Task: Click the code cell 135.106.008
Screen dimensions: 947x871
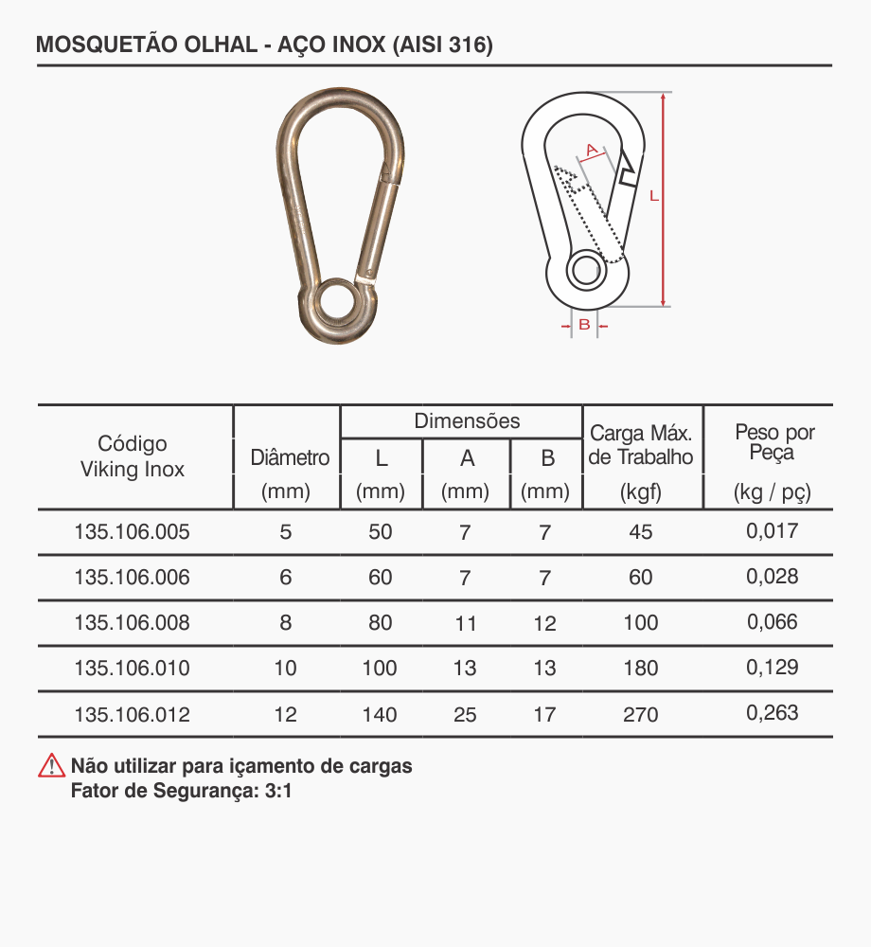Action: [132, 623]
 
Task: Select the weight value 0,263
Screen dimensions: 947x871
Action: [773, 713]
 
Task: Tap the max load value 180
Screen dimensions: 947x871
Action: [641, 669]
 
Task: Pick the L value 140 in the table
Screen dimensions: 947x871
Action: [380, 715]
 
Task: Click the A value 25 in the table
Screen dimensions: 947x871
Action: [465, 715]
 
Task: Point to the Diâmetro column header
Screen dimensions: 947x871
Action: [290, 458]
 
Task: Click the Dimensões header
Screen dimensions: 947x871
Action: [467, 421]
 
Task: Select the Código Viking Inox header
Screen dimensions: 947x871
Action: [133, 456]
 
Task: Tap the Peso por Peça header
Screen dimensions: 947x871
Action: [774, 443]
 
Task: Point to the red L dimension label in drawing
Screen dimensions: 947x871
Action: [653, 197]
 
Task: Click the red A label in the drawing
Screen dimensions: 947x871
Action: [593, 150]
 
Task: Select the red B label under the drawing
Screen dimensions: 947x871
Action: [585, 325]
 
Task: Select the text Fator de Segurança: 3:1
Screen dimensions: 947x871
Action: [182, 791]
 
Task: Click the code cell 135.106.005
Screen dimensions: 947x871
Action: [132, 532]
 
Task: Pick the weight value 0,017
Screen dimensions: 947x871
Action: [773, 530]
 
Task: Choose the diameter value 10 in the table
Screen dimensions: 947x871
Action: [285, 669]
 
